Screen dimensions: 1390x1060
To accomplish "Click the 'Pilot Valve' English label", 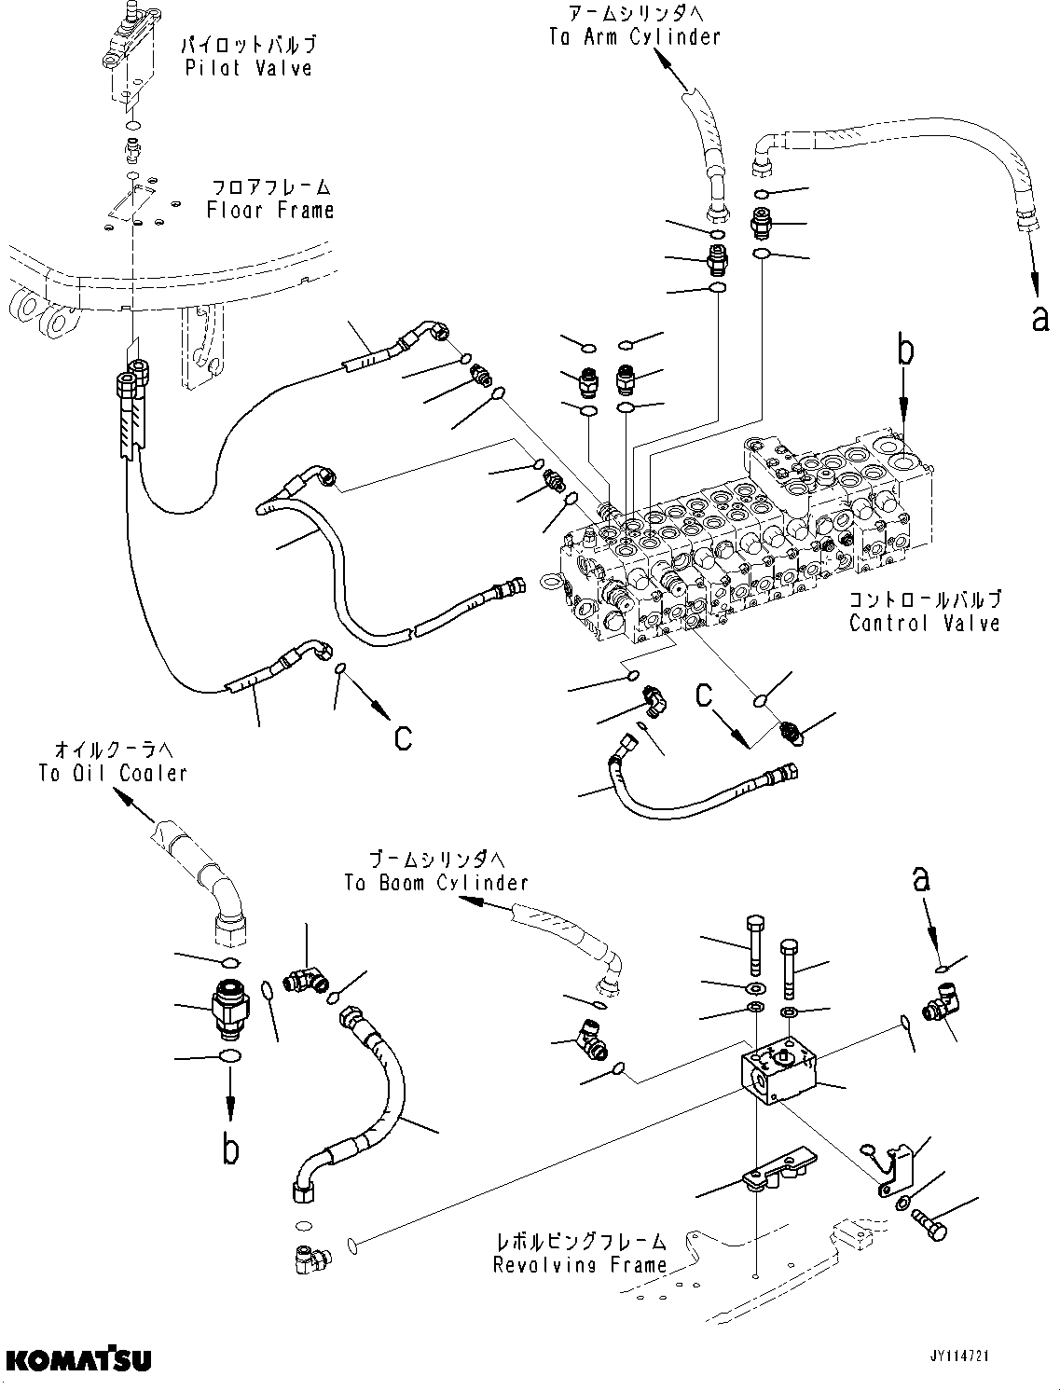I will tap(249, 68).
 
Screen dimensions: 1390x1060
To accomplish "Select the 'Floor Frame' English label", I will tap(270, 210).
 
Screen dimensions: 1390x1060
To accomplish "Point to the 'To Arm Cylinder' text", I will tap(635, 37).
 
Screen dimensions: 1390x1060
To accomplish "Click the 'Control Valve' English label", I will tap(924, 623).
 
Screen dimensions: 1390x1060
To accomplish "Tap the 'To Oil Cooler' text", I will tap(113, 772).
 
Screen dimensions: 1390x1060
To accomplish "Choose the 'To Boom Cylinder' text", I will tap(435, 882).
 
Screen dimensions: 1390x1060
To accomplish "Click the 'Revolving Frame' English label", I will tap(580, 1265).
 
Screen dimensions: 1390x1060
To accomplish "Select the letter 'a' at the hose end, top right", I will tap(1039, 318).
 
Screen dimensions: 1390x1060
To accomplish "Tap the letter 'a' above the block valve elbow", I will tap(921, 878).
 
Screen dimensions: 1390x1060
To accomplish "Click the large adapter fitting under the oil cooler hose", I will tap(228, 1009).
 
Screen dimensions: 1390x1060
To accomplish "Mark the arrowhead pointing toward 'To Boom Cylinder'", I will tap(475, 902).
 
